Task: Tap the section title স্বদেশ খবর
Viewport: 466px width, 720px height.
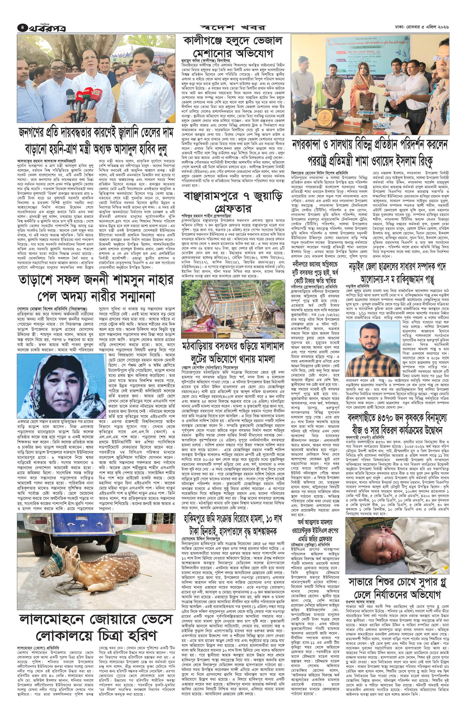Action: pos(233,27)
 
